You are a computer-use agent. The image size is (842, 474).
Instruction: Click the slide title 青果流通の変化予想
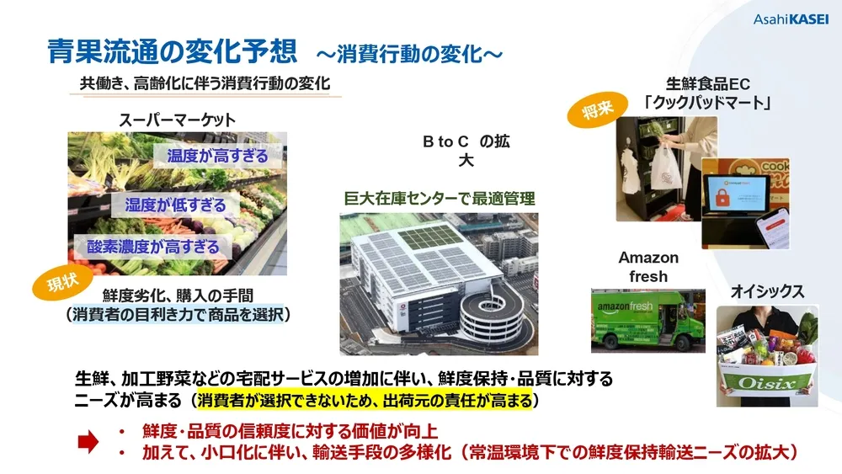pos(172,51)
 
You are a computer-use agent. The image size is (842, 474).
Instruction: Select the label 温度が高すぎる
pos(217,156)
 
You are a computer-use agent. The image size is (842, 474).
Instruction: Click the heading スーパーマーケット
pos(176,120)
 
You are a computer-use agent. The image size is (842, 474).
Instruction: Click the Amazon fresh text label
pos(648,267)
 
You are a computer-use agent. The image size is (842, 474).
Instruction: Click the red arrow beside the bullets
pos(88,442)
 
